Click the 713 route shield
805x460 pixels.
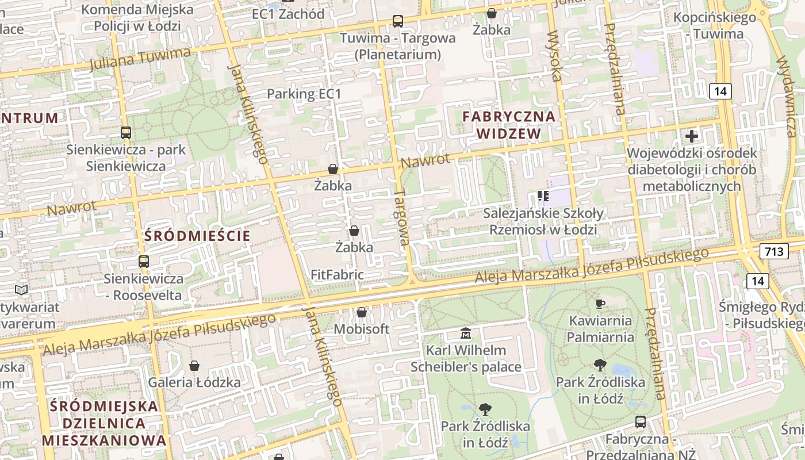click(x=773, y=251)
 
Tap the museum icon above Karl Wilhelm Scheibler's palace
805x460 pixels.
click(x=466, y=333)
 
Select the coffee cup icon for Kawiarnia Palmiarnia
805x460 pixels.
click(x=600, y=304)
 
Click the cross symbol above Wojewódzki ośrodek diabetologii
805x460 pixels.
click(x=692, y=136)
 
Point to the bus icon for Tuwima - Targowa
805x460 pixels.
click(x=397, y=21)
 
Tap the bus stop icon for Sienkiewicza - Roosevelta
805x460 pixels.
click(x=143, y=262)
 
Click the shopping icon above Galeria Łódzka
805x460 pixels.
click(x=194, y=366)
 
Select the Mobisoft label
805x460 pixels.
click(x=362, y=329)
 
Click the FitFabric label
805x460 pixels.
click(x=337, y=275)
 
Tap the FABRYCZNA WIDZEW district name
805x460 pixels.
click(x=509, y=125)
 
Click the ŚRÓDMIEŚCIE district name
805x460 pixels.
click(x=197, y=236)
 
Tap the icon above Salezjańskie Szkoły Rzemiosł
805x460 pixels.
click(x=543, y=197)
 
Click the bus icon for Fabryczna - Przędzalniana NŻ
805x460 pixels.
click(x=641, y=422)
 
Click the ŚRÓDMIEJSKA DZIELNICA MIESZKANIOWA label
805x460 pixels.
click(x=103, y=423)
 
